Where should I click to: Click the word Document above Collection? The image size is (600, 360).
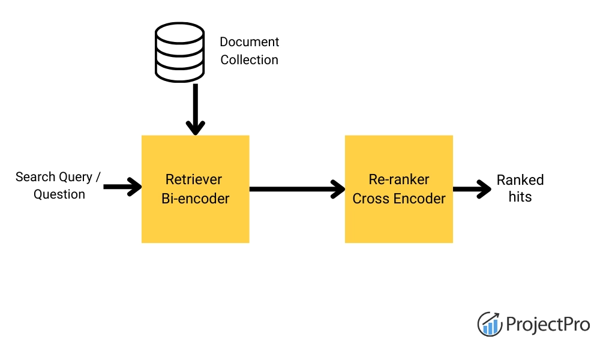[x=249, y=42]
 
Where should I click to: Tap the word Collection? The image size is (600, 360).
[x=249, y=60]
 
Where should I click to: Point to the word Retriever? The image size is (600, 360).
[x=194, y=179]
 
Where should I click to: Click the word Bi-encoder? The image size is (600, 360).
[x=195, y=199]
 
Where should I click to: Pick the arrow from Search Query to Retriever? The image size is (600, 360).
[x=122, y=187]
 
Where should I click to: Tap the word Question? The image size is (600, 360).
[x=59, y=194]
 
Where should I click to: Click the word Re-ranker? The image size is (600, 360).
[x=399, y=179]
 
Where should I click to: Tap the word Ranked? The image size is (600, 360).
[x=520, y=180]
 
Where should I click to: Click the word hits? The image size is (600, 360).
[x=520, y=197]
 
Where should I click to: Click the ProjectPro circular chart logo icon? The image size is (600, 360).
[x=490, y=324]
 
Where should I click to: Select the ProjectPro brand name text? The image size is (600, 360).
[x=548, y=325]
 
